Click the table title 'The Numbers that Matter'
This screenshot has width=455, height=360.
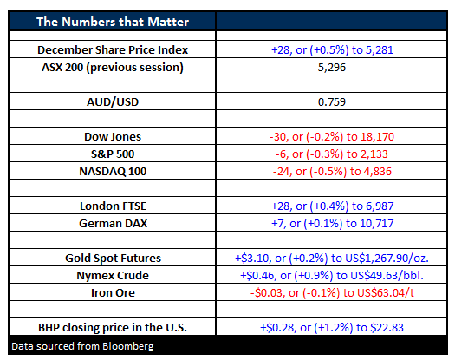pos(113,22)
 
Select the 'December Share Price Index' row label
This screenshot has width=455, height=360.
pos(113,50)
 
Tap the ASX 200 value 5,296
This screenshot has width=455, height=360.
pos(332,68)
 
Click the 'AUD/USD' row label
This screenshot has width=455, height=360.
pos(113,102)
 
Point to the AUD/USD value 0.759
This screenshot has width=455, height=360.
pos(332,102)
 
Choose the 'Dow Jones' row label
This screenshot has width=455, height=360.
pos(113,136)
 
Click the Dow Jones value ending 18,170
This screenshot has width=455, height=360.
pos(332,136)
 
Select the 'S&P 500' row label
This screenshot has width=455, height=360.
pos(113,154)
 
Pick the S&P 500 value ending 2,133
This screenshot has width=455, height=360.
pos(332,154)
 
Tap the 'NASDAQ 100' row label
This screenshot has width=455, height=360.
pos(113,172)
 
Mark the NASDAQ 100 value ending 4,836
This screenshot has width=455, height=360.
pos(332,172)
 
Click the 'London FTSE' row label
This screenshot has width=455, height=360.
pos(114,206)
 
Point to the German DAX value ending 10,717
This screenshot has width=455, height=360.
pos(332,224)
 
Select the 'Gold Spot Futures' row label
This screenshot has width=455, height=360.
pos(113,258)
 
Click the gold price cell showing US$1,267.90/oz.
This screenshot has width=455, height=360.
pos(332,258)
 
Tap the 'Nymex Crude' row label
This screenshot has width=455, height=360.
pos(113,276)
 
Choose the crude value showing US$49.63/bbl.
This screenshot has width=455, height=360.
pos(332,276)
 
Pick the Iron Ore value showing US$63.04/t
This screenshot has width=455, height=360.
pos(332,292)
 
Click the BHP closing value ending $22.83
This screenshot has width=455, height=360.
pos(332,327)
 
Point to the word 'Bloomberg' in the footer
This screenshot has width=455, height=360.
pos(128,346)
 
